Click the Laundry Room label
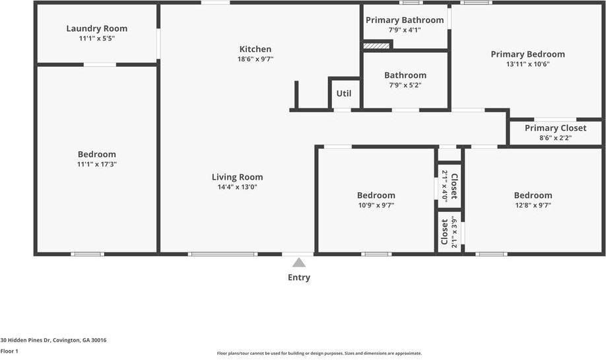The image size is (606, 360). point(96,28)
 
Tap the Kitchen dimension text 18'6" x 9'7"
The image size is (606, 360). point(255,59)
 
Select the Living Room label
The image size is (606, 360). point(237,177)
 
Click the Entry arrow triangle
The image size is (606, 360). point(299,262)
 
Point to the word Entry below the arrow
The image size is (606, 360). point(299,277)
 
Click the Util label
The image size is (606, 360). point(344,93)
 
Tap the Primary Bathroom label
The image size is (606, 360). point(405,20)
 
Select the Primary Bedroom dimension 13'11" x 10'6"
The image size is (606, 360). point(527,64)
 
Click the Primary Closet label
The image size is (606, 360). point(555,128)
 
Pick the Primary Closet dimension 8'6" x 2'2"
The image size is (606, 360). point(555,138)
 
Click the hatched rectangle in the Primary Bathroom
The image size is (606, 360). point(376,46)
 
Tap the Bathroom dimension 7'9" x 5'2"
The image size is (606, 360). point(405,85)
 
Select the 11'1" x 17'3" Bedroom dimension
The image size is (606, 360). point(96,164)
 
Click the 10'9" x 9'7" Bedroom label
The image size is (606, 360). point(376,196)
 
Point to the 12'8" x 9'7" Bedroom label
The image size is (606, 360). point(533,196)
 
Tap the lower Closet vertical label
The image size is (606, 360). point(444,233)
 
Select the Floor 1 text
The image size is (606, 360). point(9,351)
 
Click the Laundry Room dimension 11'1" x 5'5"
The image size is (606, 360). point(96,38)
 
